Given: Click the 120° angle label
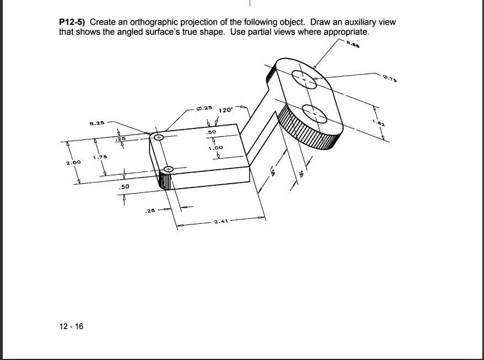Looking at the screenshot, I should tap(227, 110).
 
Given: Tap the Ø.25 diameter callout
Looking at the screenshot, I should tap(204, 107).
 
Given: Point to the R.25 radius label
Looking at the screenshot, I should tap(98, 122).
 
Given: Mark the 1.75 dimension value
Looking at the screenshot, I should tap(100, 159).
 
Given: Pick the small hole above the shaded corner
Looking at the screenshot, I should tap(169, 169).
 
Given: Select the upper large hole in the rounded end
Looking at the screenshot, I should tap(303, 80).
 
